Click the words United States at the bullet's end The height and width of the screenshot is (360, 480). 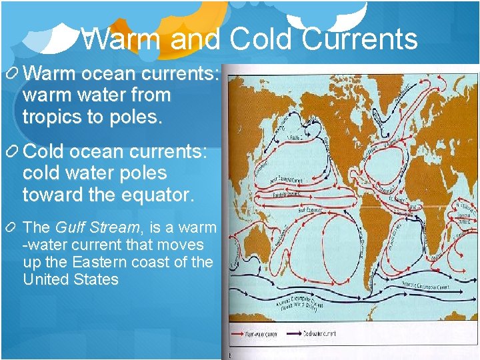click(x=70, y=279)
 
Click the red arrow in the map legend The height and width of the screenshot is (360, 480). click(x=238, y=333)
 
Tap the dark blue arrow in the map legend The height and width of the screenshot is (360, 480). click(x=296, y=333)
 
